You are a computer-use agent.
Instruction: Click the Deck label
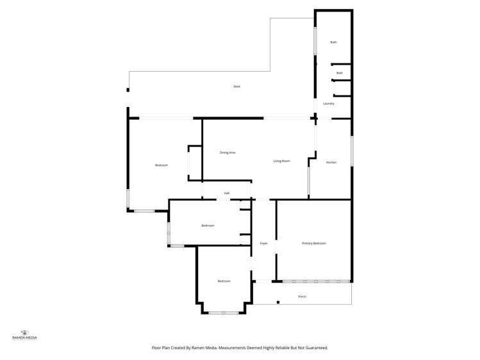(x=236, y=86)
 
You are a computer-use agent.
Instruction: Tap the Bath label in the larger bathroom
(x=333, y=42)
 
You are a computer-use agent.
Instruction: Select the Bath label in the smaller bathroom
(x=340, y=73)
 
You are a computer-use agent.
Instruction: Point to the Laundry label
(x=329, y=103)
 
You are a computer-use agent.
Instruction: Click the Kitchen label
(x=331, y=162)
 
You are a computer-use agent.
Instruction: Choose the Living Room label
(x=281, y=161)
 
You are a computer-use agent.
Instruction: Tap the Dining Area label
(x=228, y=152)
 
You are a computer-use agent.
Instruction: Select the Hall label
(x=227, y=193)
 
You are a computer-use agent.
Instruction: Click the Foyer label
(x=263, y=243)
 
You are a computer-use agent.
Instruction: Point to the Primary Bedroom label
(x=314, y=243)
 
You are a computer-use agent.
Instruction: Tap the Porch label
(x=302, y=297)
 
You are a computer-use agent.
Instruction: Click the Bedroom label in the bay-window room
(x=224, y=281)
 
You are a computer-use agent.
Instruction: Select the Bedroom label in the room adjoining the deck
(x=161, y=165)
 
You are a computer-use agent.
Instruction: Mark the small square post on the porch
(x=278, y=302)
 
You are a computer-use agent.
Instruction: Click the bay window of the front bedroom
(x=224, y=313)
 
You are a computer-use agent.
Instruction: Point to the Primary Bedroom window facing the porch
(x=316, y=281)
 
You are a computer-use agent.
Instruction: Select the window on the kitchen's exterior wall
(x=352, y=152)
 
